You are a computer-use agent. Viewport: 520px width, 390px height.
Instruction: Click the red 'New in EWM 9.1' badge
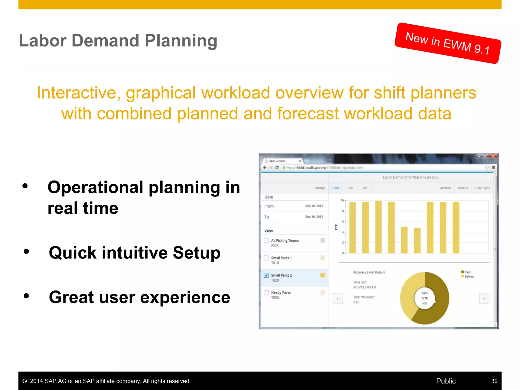(448, 43)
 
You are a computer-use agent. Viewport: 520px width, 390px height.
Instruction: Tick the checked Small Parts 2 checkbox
(266, 275)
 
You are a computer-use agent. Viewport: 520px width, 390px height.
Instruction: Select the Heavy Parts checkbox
(266, 292)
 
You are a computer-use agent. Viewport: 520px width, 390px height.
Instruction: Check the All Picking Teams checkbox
(266, 240)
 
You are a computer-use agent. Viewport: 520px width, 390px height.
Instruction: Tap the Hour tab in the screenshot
(335, 188)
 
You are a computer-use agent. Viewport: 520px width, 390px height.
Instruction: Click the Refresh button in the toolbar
(445, 188)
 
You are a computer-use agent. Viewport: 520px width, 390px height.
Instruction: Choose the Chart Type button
(482, 188)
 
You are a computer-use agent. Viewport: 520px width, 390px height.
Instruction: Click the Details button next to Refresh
(463, 188)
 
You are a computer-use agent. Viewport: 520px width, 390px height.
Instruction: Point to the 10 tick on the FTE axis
(342, 201)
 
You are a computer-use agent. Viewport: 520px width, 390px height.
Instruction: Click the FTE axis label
(336, 227)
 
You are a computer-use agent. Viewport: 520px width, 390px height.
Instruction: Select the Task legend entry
(467, 272)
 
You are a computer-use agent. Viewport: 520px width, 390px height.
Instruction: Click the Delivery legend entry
(469, 277)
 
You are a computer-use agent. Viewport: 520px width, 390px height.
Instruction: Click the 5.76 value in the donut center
(425, 298)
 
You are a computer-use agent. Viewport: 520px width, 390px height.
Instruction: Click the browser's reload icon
(277, 168)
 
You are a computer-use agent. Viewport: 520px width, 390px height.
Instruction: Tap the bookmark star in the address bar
(486, 168)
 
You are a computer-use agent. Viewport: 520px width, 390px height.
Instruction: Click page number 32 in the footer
(494, 381)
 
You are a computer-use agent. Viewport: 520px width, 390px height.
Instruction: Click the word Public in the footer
(446, 381)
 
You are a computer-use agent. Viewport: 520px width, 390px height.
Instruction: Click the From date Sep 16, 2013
(314, 206)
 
